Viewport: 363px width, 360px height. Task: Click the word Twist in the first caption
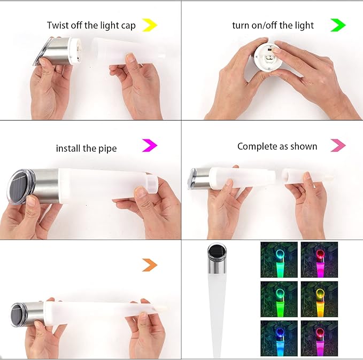pyautogui.click(x=58, y=25)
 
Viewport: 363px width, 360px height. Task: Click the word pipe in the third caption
pyautogui.click(x=107, y=149)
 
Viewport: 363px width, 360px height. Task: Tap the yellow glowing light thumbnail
pyautogui.click(x=319, y=299)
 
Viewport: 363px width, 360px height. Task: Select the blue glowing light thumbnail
pyautogui.click(x=279, y=338)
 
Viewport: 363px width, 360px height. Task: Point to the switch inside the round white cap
pyautogui.click(x=269, y=49)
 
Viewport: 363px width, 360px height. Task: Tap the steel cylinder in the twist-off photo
pyautogui.click(x=57, y=51)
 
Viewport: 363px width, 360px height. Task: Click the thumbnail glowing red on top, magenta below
pyautogui.click(x=319, y=260)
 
